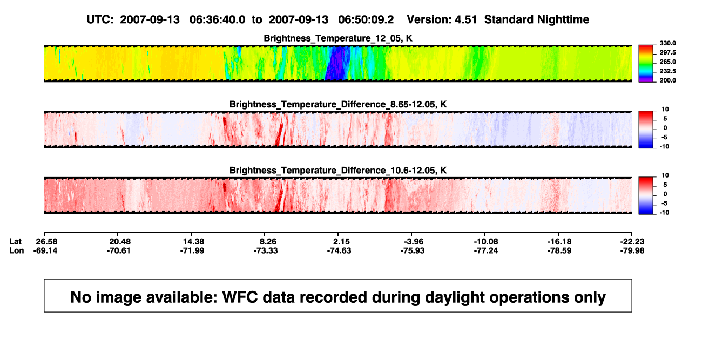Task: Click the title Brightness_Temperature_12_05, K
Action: pos(338,38)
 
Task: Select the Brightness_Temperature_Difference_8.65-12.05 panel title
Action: pos(338,104)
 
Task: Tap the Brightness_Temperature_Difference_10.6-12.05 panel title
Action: pos(338,171)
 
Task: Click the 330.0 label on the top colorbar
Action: pos(667,43)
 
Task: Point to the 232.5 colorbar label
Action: pos(667,71)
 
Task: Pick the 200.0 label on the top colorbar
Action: pos(667,80)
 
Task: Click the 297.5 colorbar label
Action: pos(667,53)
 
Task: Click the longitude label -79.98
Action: pos(632,250)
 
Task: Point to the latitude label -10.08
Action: pos(486,242)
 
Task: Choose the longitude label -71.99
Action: pos(192,250)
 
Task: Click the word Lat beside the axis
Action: pos(15,242)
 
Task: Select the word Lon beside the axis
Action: pos(17,250)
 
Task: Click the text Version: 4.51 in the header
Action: pos(442,20)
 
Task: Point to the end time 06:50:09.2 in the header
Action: pos(366,20)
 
